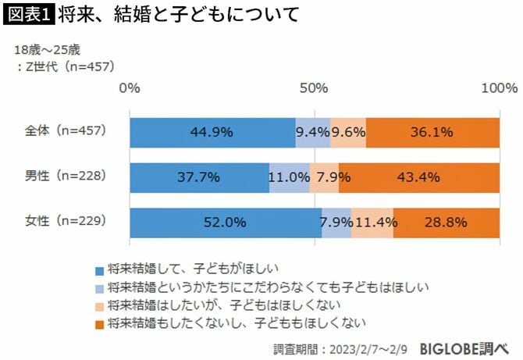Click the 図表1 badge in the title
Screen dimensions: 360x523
click(28, 15)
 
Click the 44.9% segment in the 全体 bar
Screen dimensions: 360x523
click(212, 132)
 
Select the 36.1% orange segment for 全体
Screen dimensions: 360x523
click(432, 132)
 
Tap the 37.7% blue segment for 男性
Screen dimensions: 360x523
click(199, 177)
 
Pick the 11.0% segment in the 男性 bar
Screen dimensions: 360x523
click(289, 177)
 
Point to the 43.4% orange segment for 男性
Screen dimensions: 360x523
click(419, 177)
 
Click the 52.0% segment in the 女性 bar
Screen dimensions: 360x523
click(225, 223)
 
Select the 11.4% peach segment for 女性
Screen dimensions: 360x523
click(372, 223)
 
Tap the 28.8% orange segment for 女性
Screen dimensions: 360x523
click(447, 223)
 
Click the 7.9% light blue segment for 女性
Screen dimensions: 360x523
click(336, 223)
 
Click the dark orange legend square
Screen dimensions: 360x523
click(99, 321)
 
